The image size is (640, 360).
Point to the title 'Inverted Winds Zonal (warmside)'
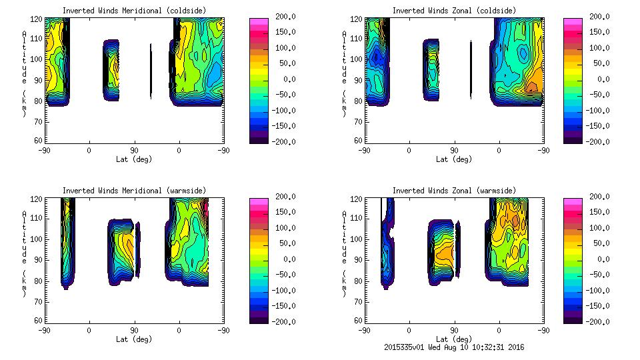click(x=454, y=191)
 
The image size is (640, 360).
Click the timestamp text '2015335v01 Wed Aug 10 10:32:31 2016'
click(x=454, y=347)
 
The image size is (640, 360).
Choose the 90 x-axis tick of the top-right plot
click(x=454, y=150)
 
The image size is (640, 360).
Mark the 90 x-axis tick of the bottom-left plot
click(x=134, y=330)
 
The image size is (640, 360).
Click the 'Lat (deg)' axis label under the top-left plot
click(x=134, y=159)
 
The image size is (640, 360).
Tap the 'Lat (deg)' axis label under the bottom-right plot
click(x=454, y=339)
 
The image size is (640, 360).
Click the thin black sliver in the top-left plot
click(x=151, y=71)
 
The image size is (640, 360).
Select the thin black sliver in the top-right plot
click(x=471, y=69)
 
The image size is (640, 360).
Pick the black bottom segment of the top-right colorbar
click(x=573, y=139)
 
